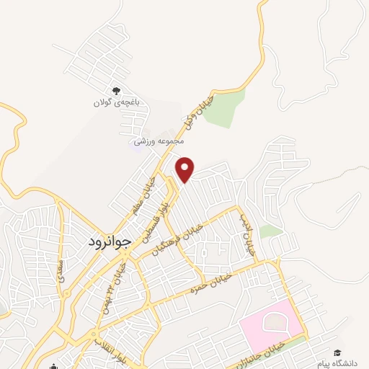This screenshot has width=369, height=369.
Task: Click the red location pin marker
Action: pyautogui.click(x=186, y=169)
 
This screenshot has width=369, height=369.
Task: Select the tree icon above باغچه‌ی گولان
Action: pyautogui.click(x=115, y=91)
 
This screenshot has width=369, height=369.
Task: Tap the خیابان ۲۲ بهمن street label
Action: pyautogui.click(x=112, y=284)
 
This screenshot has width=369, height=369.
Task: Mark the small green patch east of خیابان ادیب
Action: pyautogui.click(x=271, y=231)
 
